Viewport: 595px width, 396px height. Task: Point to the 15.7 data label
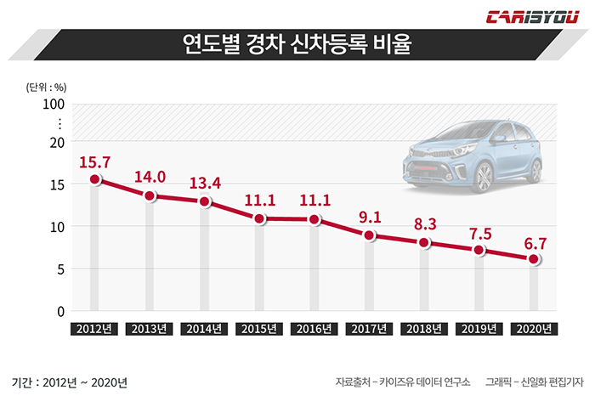click(x=94, y=161)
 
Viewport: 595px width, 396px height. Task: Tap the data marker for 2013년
click(x=150, y=196)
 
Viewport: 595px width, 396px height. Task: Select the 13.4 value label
click(x=205, y=184)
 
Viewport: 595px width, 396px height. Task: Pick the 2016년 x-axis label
click(x=314, y=329)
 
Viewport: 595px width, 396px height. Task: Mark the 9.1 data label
click(x=370, y=217)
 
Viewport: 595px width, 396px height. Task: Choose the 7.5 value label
click(x=479, y=232)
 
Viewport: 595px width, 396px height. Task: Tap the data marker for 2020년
click(x=534, y=259)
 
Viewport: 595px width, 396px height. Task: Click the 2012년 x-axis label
click(x=94, y=329)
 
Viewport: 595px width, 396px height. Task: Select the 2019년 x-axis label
click(x=479, y=329)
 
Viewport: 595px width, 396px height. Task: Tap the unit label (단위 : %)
click(x=46, y=86)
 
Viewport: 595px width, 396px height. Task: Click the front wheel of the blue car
click(x=482, y=177)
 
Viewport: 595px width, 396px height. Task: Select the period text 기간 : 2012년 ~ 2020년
click(x=70, y=382)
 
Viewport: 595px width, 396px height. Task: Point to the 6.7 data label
click(x=534, y=241)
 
